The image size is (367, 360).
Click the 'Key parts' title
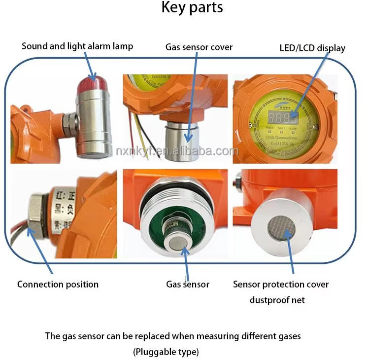click(192, 8)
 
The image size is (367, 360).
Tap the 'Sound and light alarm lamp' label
click(77, 46)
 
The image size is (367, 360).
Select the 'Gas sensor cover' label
click(199, 47)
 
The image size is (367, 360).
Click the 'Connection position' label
click(58, 285)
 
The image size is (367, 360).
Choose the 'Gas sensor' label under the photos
click(188, 285)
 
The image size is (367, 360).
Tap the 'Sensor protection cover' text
click(281, 285)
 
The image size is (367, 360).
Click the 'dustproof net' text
click(277, 300)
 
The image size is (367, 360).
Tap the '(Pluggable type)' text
click(166, 352)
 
